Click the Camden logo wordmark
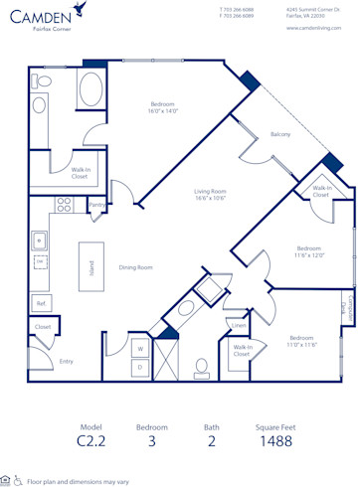tap(42, 15)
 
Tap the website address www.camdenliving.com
tap(313, 28)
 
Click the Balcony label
tap(280, 134)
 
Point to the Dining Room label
tap(135, 267)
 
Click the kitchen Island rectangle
tap(92, 266)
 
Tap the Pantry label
tap(96, 206)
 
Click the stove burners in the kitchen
tap(64, 205)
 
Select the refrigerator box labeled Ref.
tap(41, 303)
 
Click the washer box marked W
tap(140, 349)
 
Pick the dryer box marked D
tap(140, 368)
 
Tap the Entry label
tap(66, 361)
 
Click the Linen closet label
tap(239, 325)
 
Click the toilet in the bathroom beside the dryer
tap(202, 368)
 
